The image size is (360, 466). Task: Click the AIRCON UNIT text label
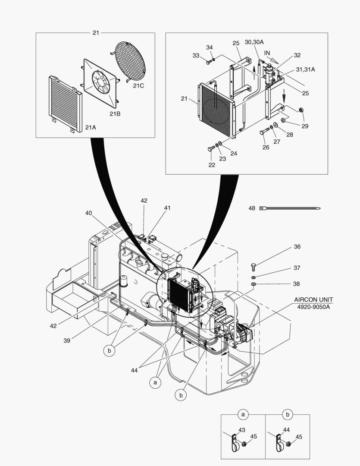pyautogui.click(x=313, y=299)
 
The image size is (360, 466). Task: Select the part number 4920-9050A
pyautogui.click(x=313, y=307)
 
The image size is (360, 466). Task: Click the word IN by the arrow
pyautogui.click(x=267, y=53)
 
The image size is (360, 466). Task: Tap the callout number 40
pyautogui.click(x=88, y=213)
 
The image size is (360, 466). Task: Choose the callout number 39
pyautogui.click(x=67, y=340)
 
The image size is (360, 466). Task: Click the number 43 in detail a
pyautogui.click(x=241, y=430)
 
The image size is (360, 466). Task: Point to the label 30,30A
pyautogui.click(x=254, y=42)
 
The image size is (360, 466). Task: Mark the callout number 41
pyautogui.click(x=167, y=208)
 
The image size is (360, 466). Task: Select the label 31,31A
pyautogui.click(x=305, y=69)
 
